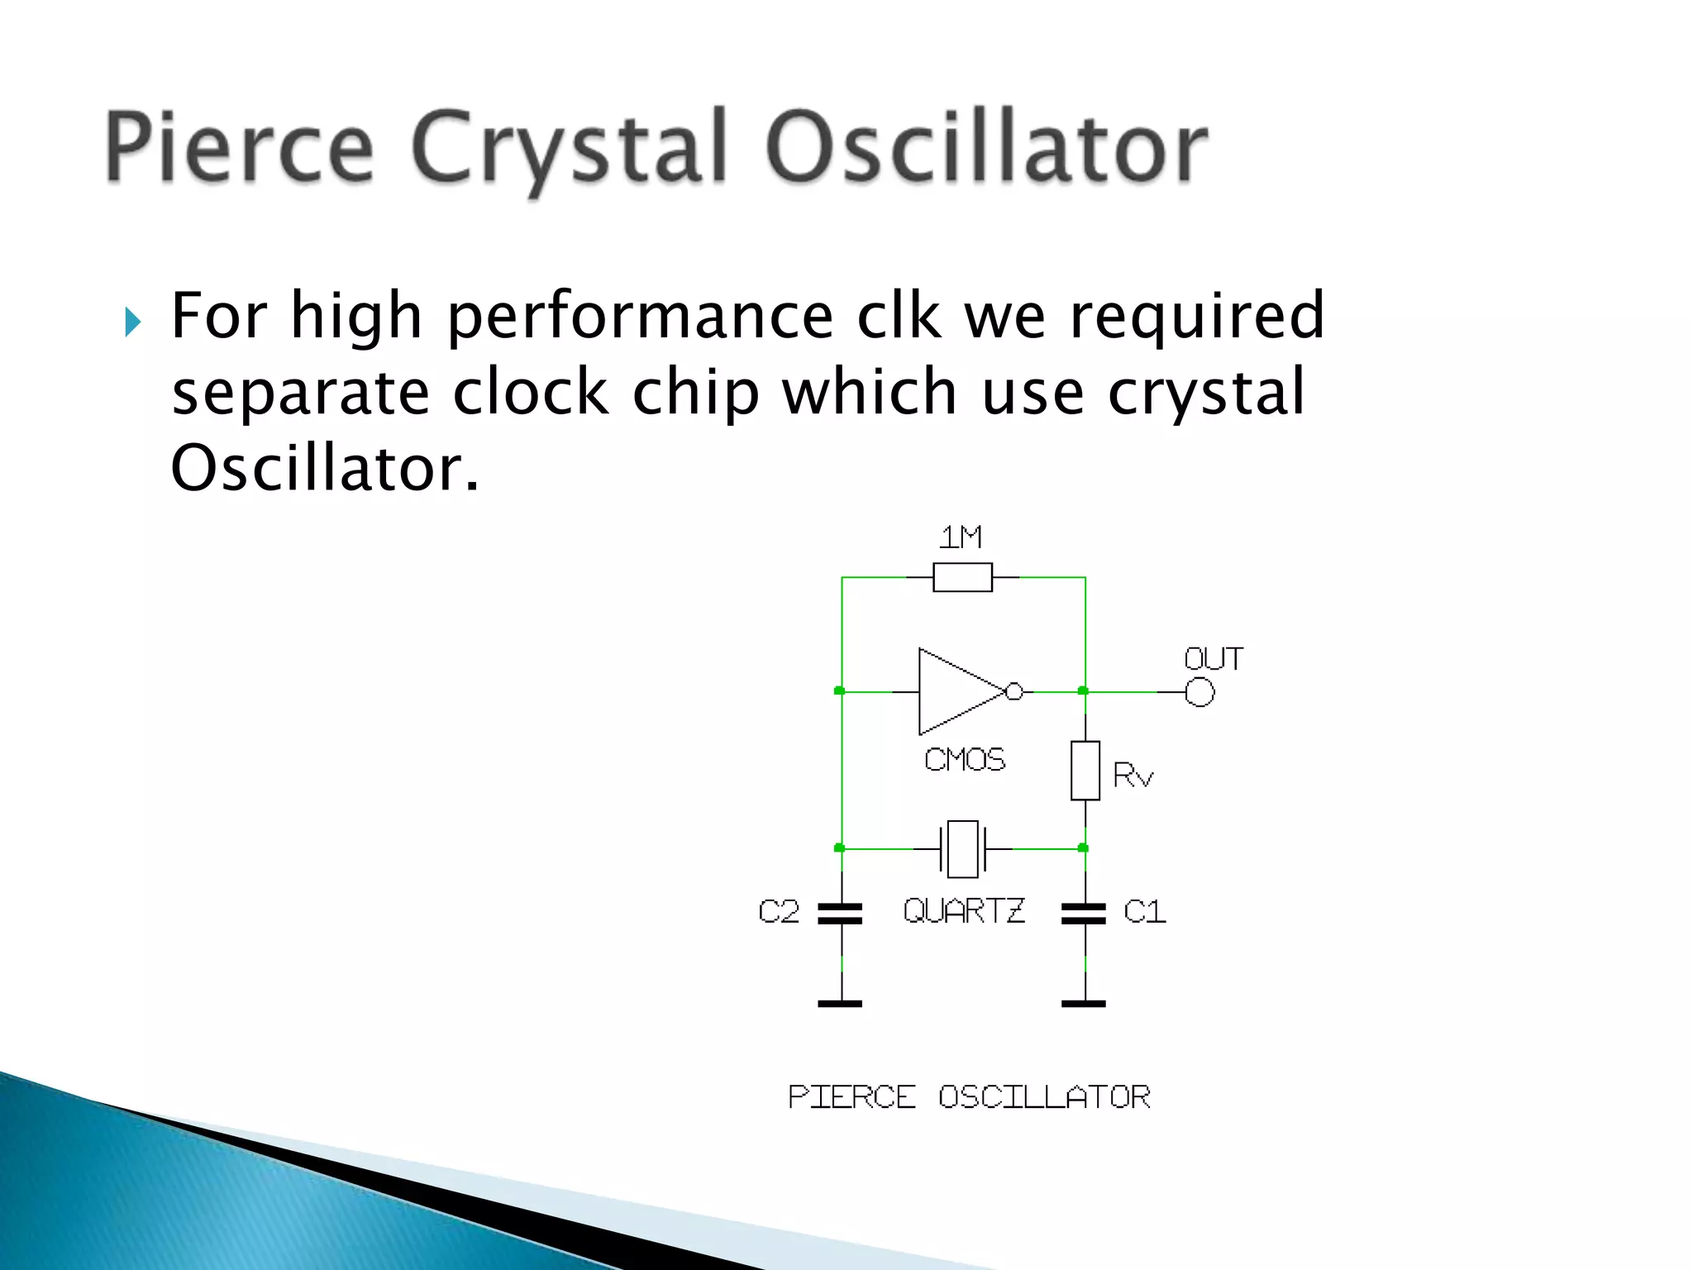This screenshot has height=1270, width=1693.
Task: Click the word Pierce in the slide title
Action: [240, 147]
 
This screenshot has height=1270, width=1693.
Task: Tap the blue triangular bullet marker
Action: [133, 322]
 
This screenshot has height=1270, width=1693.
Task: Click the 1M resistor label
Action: [961, 538]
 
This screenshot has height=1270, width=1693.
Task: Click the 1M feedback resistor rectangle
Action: [962, 577]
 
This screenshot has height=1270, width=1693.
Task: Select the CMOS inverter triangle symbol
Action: [955, 691]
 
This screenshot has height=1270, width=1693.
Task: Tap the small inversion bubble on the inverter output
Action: [1014, 691]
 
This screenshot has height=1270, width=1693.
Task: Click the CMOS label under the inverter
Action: [965, 760]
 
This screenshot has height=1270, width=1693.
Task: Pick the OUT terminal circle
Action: [1199, 692]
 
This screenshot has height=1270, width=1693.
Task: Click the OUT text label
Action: [1213, 659]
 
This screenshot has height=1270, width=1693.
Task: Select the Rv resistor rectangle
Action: [1085, 771]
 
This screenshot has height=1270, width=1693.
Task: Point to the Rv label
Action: [1133, 776]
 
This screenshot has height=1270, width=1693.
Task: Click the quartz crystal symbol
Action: [963, 848]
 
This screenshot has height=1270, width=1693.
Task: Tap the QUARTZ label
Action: [964, 911]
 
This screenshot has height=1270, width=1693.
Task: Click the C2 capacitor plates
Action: [840, 914]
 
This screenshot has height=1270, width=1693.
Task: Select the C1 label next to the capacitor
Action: [1145, 912]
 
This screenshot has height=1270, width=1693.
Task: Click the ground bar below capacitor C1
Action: [1084, 1004]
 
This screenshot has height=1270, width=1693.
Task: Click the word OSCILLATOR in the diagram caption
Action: [1044, 1097]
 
